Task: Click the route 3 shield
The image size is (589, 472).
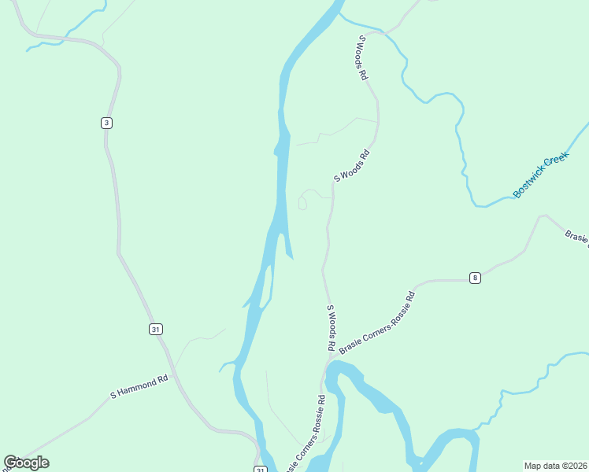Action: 106,122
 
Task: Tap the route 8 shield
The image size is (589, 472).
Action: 475,277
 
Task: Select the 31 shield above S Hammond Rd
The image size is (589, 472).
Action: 155,329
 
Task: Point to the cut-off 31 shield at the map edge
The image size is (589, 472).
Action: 260,469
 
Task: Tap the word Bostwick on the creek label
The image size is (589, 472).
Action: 529,181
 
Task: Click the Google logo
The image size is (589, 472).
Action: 26,463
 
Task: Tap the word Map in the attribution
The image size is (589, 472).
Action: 534,465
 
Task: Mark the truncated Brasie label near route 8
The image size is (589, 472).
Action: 577,238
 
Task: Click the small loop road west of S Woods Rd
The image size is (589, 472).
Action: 302,204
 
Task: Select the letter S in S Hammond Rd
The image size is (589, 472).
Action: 113,394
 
